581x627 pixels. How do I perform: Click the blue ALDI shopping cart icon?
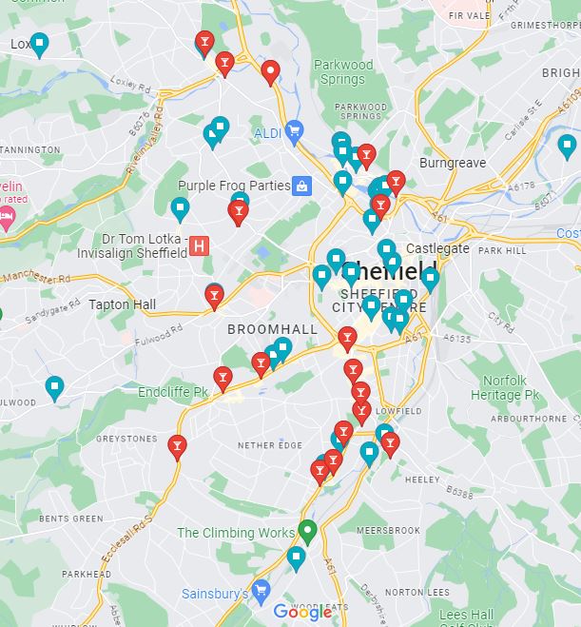294,131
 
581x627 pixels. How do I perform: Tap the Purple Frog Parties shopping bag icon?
301,186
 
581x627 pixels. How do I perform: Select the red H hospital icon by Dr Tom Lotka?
199,245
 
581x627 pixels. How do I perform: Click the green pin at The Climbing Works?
306,529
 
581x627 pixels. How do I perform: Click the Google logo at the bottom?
302,612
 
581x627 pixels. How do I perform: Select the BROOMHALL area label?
272,329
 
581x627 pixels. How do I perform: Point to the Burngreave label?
452,163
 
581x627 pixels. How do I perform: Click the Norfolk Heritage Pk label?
505,388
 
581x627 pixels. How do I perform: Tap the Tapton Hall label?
122,304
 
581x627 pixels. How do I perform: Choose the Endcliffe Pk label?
173,392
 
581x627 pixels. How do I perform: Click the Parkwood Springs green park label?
342,71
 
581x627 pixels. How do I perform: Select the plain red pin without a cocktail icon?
270,69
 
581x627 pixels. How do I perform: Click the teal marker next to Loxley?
39,43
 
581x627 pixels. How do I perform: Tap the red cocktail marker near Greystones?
177,445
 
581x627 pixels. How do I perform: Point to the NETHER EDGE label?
269,445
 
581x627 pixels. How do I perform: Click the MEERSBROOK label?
387,530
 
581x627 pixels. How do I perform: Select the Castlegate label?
438,248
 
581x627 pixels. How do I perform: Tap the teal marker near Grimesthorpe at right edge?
568,146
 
